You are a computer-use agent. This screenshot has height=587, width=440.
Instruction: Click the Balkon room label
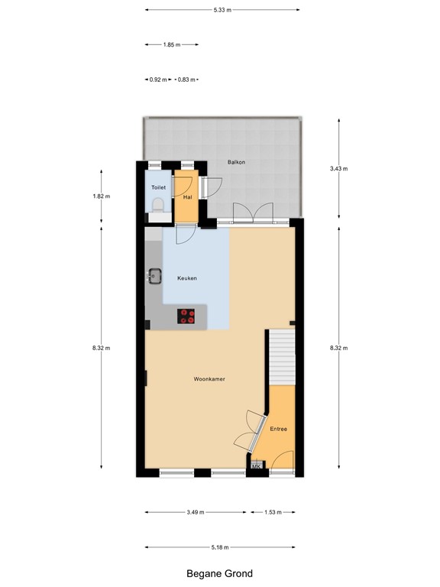(x=235, y=163)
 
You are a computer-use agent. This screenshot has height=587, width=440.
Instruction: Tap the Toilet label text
(x=158, y=187)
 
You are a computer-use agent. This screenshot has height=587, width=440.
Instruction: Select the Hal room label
(x=187, y=196)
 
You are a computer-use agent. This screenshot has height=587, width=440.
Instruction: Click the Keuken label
(x=187, y=278)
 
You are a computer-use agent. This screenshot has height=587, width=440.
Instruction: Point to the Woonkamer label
(x=209, y=379)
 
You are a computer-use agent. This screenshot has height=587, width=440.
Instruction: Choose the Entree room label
(x=279, y=429)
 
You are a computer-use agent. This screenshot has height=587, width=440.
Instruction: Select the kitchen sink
(x=155, y=275)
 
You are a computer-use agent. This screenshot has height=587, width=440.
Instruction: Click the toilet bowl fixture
(x=158, y=206)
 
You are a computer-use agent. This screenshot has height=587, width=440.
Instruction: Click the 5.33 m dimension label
(x=222, y=10)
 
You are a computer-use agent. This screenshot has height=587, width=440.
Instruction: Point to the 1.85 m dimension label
(x=172, y=45)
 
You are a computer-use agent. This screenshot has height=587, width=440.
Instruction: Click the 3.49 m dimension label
(x=195, y=512)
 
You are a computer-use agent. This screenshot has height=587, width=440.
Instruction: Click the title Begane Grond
(x=219, y=573)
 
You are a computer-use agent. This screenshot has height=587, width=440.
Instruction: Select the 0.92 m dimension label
(x=158, y=79)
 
